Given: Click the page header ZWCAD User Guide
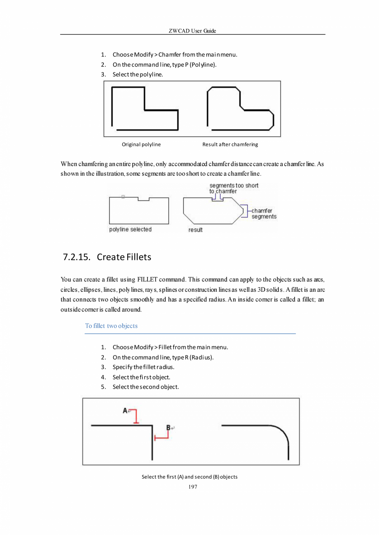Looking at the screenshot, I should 192,31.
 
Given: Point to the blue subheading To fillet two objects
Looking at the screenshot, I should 111,326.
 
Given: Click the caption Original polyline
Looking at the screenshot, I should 141,144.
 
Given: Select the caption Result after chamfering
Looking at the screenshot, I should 230,144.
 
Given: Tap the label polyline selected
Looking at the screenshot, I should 130,230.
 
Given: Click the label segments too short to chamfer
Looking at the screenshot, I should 233,188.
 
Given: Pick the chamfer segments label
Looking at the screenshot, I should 264,214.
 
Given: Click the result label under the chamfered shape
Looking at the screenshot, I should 195,230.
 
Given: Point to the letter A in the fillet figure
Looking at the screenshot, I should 125,410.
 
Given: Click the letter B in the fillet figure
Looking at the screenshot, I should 168,428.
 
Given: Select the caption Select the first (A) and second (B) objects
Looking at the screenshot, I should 189,477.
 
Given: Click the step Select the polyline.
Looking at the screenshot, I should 138,74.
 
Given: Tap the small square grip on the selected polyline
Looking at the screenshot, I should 123,197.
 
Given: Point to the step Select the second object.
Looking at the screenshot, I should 145,387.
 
